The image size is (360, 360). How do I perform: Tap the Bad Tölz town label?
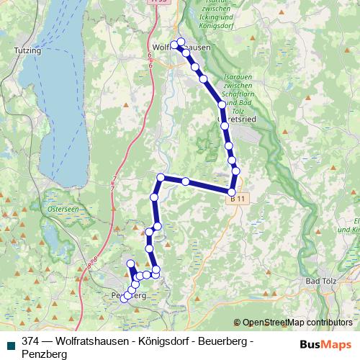tap(321, 280)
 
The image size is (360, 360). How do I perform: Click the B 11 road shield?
tap(238, 197)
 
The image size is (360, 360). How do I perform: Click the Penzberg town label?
tap(129, 296)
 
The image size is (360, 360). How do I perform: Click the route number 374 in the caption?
tap(31, 341)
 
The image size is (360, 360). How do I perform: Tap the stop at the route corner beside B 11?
tap(232, 191)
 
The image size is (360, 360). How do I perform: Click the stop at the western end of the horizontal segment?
tap(161, 177)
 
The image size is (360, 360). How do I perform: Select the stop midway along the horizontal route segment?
tap(186, 181)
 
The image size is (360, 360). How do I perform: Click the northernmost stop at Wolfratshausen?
tap(180, 41)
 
